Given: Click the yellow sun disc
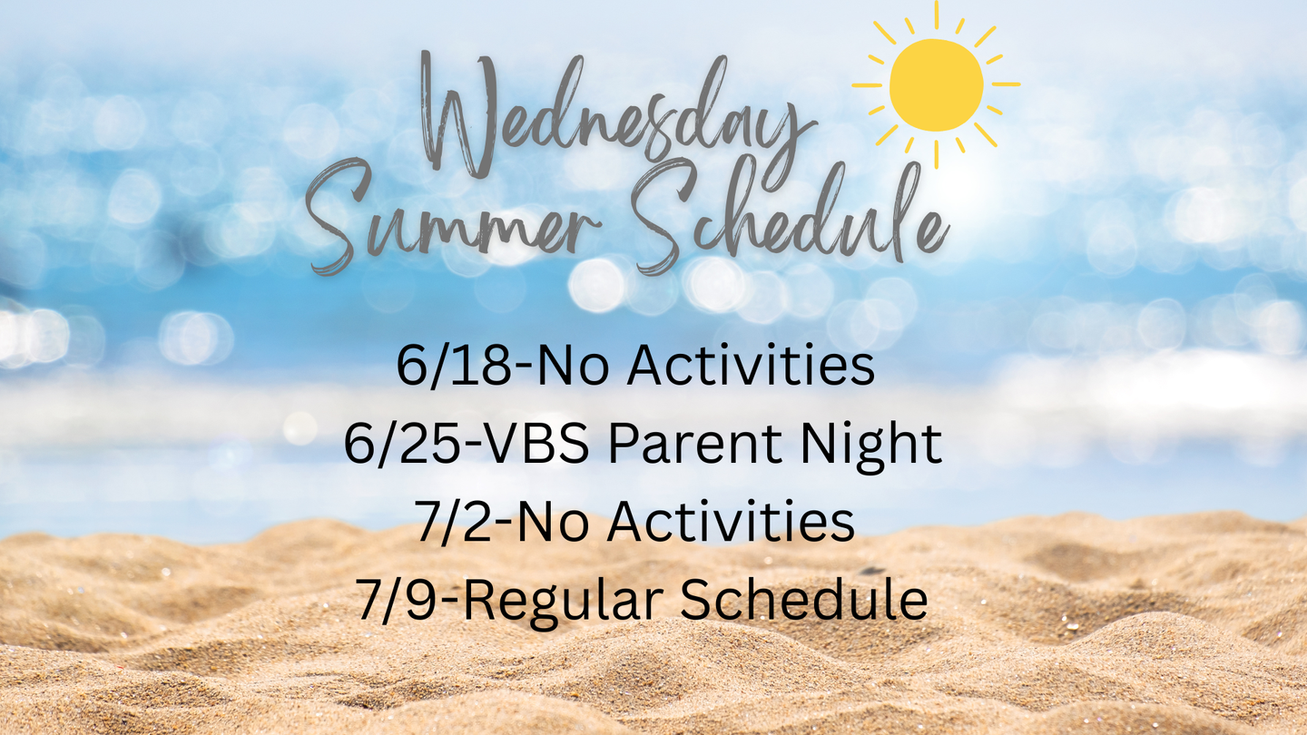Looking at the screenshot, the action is click(936, 85).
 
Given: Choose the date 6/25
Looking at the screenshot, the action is click(408, 444).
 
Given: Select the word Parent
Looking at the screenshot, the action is click(695, 444).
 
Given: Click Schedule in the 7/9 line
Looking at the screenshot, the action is click(804, 600).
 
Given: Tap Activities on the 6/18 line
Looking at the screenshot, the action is click(751, 366).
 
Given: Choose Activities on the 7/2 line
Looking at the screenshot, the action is click(732, 521).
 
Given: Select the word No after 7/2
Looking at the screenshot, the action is click(553, 522).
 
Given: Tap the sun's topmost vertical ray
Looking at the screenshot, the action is click(937, 14).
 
